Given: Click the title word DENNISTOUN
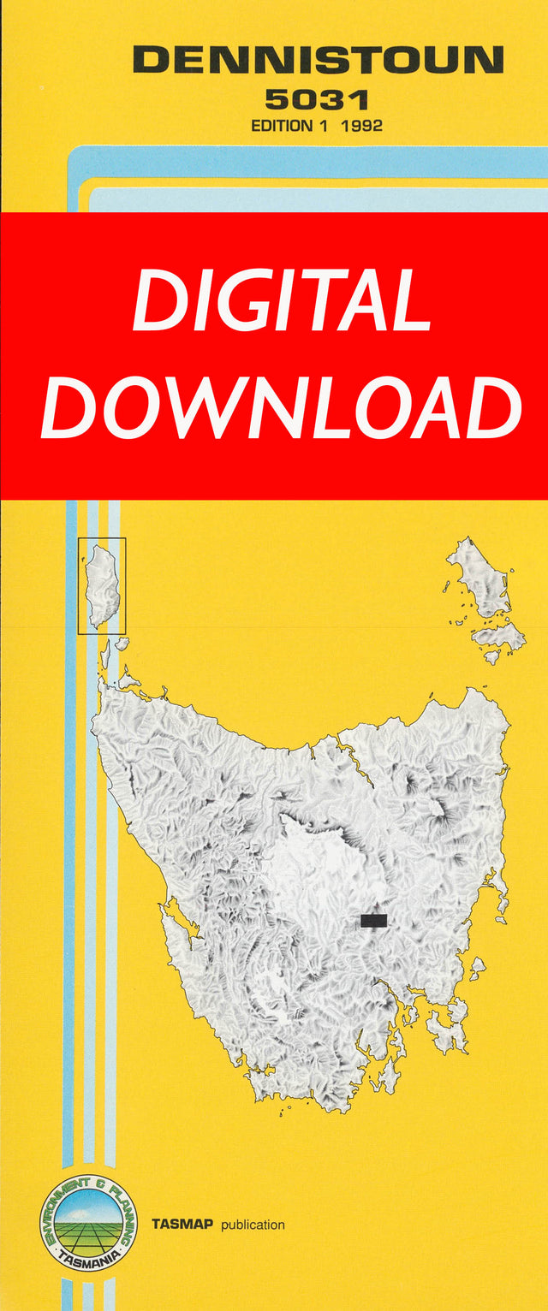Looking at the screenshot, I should click(318, 60).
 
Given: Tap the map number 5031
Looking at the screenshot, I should click(316, 100).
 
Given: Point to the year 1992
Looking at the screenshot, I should click(360, 125).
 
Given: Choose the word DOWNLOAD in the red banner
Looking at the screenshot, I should click(282, 407).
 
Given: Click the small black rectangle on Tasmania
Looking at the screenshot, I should click(373, 921).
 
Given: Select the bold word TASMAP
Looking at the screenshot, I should click(183, 1225).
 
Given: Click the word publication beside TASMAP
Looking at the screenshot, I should click(253, 1225).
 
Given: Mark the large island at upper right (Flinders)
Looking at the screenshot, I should click(479, 578).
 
